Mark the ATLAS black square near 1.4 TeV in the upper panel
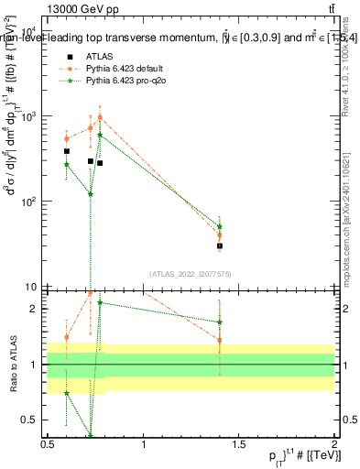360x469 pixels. click(220, 245)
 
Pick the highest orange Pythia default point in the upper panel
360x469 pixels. click(100, 117)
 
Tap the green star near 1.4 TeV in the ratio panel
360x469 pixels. click(220, 322)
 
